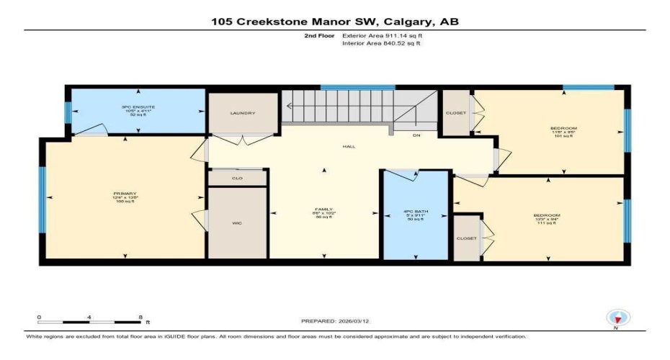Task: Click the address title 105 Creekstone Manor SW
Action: point(334,22)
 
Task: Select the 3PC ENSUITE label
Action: point(138,107)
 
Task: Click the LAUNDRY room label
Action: point(243,114)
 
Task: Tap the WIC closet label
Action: point(237,224)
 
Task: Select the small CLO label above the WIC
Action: point(237,178)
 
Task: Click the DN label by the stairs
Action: point(416,135)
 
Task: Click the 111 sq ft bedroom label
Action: point(542,215)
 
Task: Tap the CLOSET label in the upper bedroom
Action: point(455,113)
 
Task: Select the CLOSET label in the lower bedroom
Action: point(466,238)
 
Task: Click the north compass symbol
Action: point(616,318)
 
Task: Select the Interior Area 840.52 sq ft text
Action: point(383,44)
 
